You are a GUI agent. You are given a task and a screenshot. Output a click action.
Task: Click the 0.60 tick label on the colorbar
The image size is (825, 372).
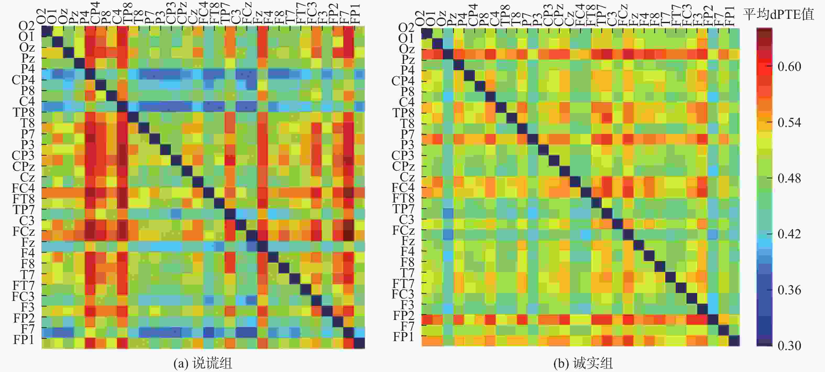[x=789, y=66]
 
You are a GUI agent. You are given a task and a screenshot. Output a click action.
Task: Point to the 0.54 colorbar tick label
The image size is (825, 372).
[x=789, y=122]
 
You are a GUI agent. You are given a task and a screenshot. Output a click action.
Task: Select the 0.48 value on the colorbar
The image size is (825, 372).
[x=789, y=178]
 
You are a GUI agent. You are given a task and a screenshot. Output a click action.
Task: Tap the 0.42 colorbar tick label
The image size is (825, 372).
[x=789, y=234]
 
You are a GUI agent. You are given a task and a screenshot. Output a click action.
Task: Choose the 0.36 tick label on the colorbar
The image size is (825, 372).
[x=789, y=290]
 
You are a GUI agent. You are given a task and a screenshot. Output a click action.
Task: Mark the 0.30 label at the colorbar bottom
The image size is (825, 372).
[x=789, y=346]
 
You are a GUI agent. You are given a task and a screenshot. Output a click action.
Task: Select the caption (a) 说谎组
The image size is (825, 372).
[x=203, y=363]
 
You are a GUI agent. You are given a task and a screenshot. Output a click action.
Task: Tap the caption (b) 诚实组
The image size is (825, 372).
[x=583, y=363]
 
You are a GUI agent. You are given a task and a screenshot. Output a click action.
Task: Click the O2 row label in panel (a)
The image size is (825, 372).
[x=26, y=26]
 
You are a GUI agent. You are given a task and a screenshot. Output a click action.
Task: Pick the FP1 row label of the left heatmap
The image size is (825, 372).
[x=24, y=340]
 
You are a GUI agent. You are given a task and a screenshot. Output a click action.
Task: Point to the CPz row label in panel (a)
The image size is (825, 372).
[x=23, y=167]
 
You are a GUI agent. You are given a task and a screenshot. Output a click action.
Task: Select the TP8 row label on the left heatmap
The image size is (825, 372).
[x=23, y=112]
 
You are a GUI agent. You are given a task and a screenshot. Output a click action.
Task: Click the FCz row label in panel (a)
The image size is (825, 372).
[x=23, y=231]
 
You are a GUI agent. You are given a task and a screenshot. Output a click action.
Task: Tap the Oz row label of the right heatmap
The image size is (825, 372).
[x=407, y=49]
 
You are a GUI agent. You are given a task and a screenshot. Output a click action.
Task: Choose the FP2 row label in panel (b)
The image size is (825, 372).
[x=404, y=316]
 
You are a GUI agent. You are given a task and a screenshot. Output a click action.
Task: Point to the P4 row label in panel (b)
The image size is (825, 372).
[x=407, y=70]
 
